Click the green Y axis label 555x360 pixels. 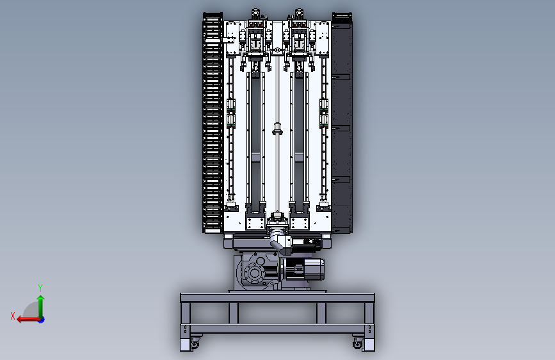(x=40, y=288)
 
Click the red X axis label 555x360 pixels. (x=13, y=316)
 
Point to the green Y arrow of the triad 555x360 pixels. (x=41, y=306)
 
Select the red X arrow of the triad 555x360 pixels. (x=28, y=319)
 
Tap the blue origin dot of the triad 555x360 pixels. (x=42, y=320)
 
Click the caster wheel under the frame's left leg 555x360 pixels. (x=195, y=343)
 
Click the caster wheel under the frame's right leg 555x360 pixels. (x=358, y=343)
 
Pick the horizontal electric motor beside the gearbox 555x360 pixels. (x=302, y=269)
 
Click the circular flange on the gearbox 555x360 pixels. (x=253, y=273)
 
